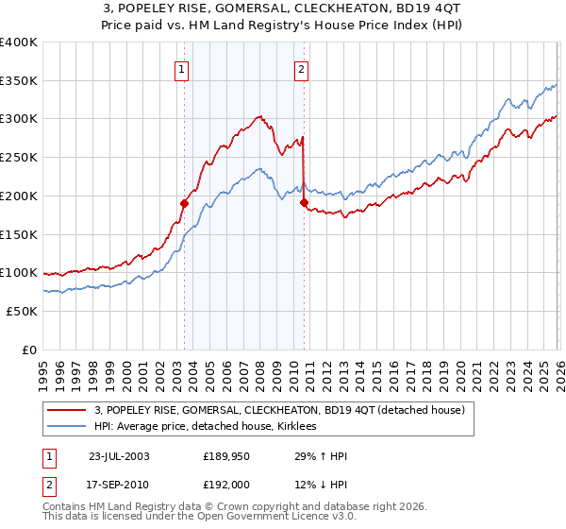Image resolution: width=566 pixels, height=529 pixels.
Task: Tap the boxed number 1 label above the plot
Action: pyautogui.click(x=179, y=68)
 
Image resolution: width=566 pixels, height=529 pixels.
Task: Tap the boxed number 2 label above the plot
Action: pyautogui.click(x=301, y=68)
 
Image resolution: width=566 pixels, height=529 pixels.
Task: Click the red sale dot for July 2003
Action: pyautogui.click(x=185, y=203)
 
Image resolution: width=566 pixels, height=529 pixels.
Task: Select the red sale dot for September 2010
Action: pyautogui.click(x=304, y=202)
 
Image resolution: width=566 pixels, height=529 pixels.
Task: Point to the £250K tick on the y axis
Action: pyautogui.click(x=19, y=158)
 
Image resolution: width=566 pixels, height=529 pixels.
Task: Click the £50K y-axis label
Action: pyautogui.click(x=22, y=311)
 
